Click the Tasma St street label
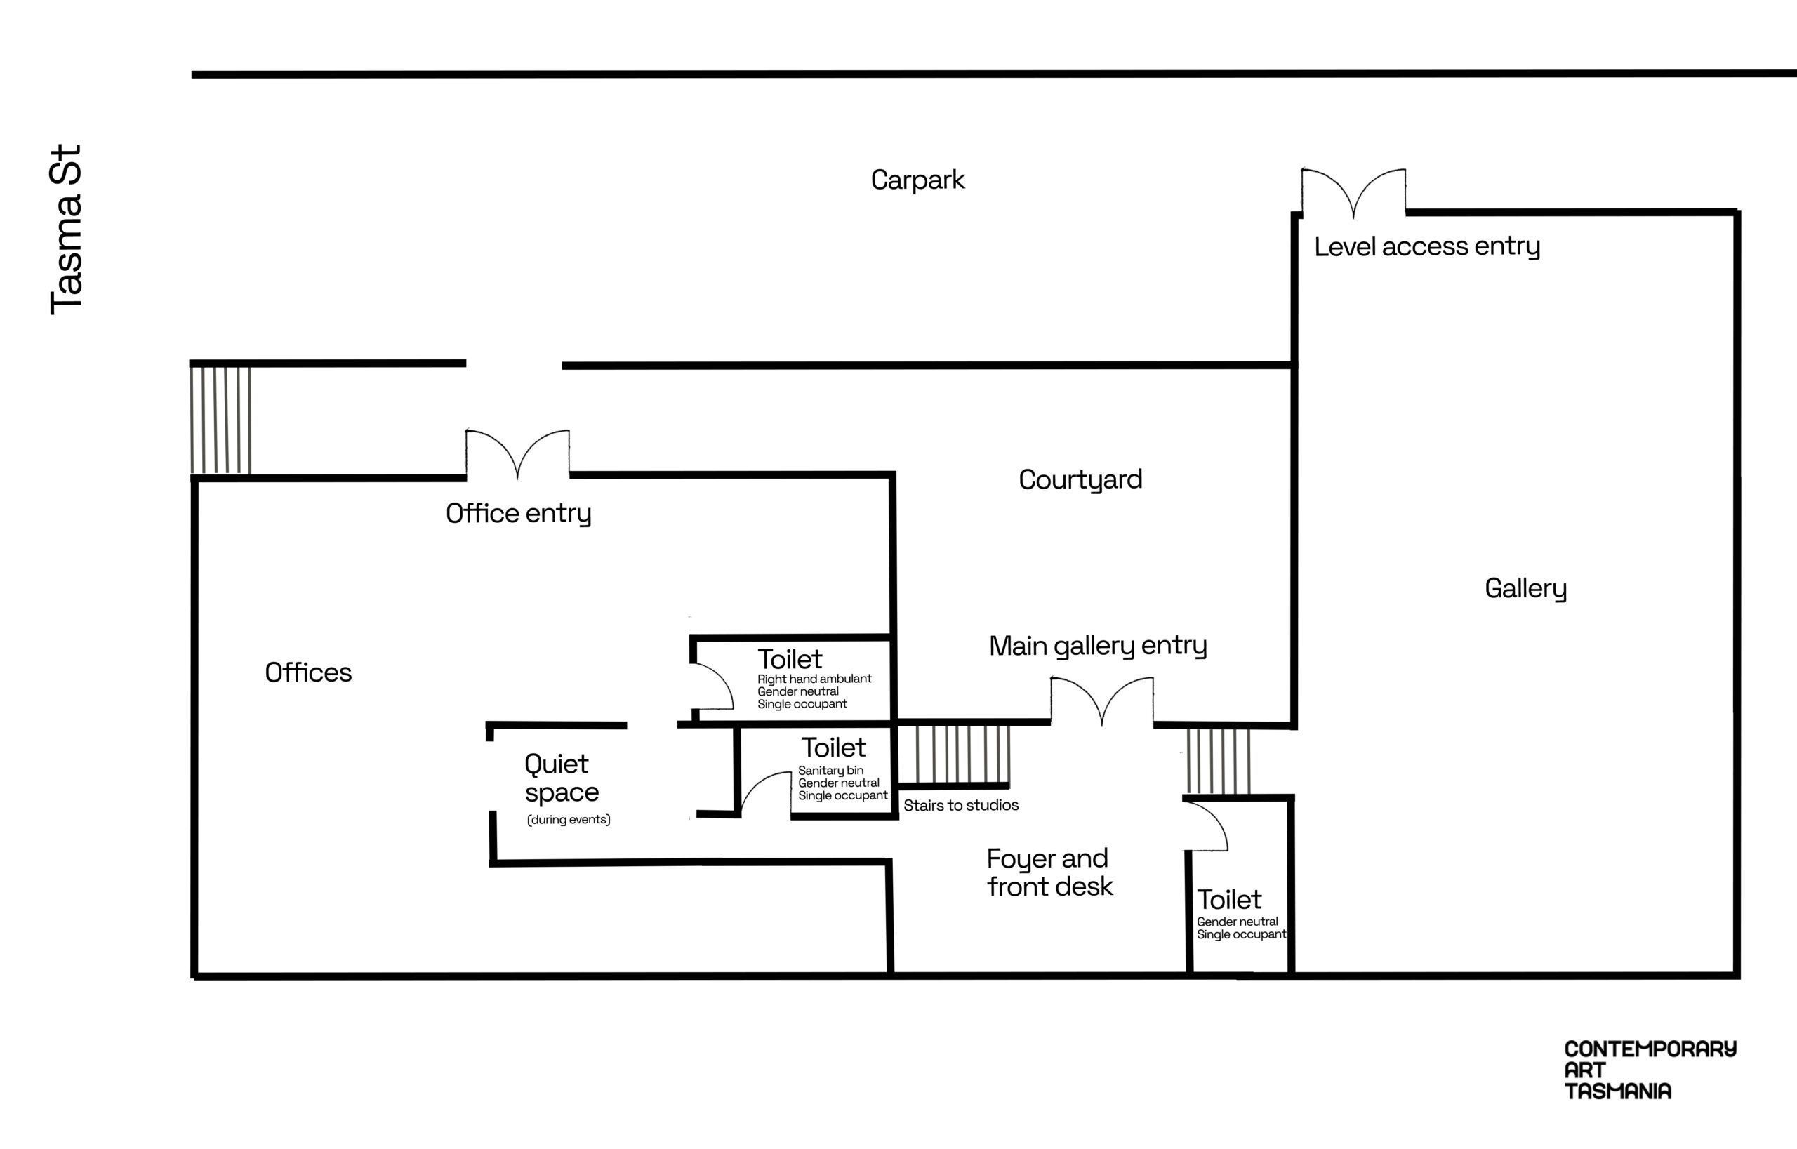[66, 230]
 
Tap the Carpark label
[918, 180]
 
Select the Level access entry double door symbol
[1354, 193]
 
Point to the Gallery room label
[1525, 589]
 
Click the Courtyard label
[1080, 480]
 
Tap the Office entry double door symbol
[518, 454]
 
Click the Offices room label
[308, 672]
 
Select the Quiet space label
[561, 778]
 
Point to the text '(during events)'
[569, 819]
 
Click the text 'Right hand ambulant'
[814, 679]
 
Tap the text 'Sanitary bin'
[830, 771]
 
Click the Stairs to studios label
[960, 805]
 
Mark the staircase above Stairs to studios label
[954, 755]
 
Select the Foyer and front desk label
[1049, 872]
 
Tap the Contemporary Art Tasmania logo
[1650, 1070]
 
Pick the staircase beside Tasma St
[221, 419]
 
